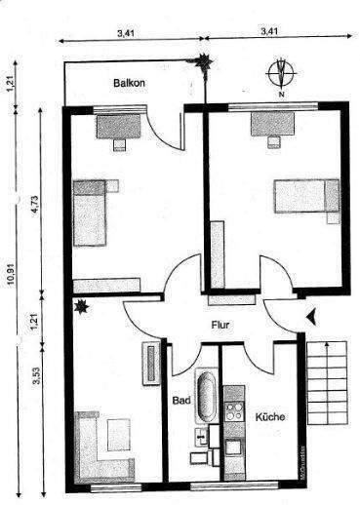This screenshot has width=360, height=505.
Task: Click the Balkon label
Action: point(128,84)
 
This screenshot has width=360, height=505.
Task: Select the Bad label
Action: point(181,400)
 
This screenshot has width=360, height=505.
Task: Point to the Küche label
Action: point(270,417)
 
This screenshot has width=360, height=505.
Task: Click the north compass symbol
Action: point(281,73)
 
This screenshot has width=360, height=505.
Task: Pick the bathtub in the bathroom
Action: point(207,398)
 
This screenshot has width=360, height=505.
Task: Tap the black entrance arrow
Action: point(310,315)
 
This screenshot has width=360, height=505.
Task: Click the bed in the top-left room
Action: point(91,212)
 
